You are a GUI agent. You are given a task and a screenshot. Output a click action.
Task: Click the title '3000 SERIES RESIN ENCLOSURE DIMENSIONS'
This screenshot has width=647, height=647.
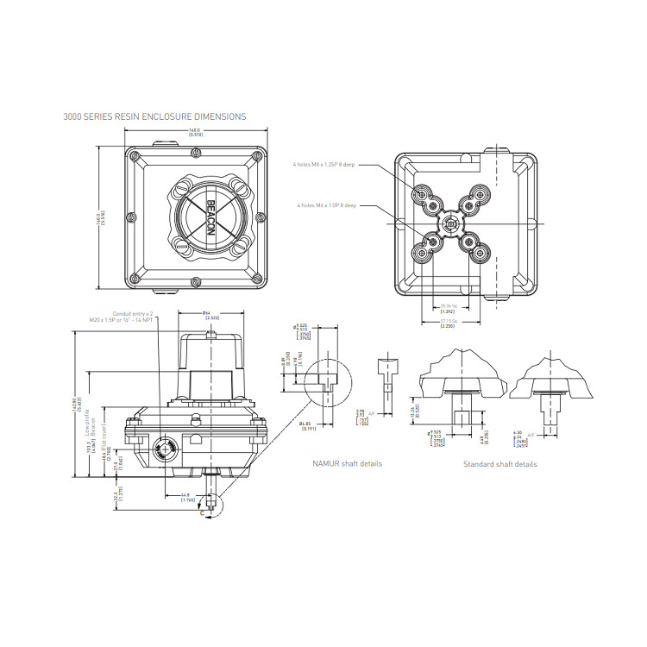[154, 116]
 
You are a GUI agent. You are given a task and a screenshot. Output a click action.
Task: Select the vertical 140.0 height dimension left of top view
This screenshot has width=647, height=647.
[101, 217]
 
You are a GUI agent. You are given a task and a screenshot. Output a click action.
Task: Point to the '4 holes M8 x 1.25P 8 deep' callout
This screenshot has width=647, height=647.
[323, 164]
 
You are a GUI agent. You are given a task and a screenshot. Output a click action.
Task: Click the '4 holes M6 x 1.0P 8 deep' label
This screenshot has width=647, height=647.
[326, 205]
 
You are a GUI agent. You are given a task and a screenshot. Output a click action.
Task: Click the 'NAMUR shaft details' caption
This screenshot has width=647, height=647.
[347, 463]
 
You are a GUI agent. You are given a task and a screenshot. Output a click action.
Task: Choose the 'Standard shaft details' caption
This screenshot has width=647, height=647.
[499, 464]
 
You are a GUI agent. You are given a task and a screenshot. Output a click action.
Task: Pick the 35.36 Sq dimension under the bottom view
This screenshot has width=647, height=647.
[447, 308]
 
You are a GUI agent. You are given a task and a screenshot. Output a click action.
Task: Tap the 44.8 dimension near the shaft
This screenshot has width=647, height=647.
[186, 498]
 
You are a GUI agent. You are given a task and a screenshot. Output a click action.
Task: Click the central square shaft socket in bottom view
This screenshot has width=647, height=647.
[448, 223]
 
